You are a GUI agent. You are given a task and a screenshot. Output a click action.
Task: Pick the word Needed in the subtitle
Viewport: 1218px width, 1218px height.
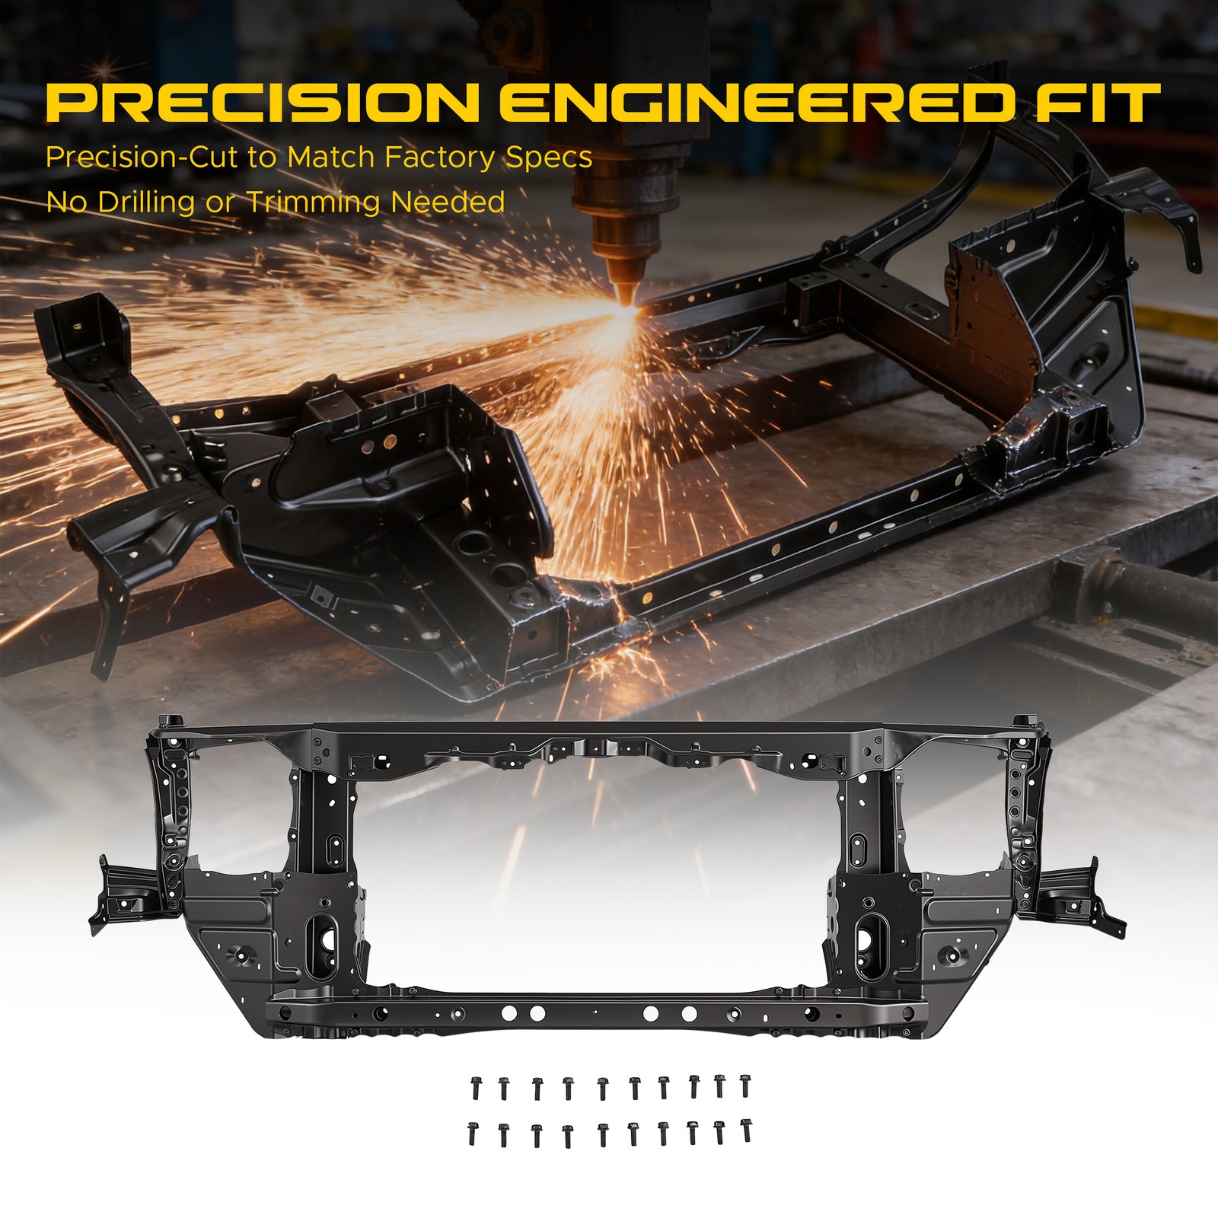448,202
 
